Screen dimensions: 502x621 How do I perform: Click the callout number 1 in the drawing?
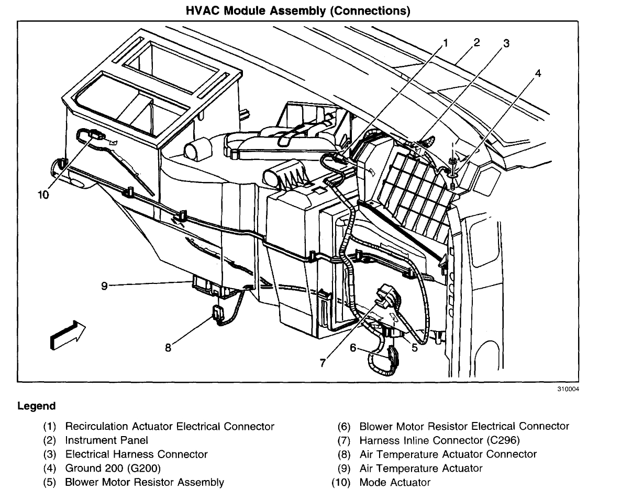[446, 43]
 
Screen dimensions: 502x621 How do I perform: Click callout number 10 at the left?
[43, 195]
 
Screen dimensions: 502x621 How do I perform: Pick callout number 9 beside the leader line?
[105, 286]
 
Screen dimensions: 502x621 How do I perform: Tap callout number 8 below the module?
[168, 347]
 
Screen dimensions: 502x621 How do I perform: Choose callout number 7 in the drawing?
[323, 362]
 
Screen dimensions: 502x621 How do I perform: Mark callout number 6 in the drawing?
[353, 347]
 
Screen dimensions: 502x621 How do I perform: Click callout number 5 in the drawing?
[414, 347]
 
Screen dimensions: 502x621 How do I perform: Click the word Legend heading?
[36, 406]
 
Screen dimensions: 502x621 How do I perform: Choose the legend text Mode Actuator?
[394, 482]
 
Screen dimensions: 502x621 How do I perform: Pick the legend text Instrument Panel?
[106, 440]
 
